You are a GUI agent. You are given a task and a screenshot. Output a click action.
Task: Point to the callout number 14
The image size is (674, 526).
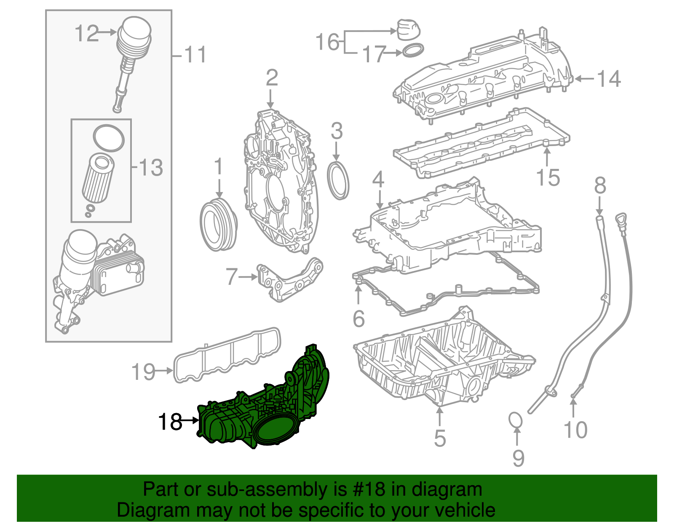tap(609, 79)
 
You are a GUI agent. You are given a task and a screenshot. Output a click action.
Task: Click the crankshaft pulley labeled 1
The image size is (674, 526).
tap(218, 226)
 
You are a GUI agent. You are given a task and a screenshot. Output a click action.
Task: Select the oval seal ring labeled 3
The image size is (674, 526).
tap(338, 181)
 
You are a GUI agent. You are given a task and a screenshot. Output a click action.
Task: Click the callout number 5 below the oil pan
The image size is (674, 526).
tap(440, 438)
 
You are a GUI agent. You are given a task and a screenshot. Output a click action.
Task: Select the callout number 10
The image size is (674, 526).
tap(575, 430)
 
